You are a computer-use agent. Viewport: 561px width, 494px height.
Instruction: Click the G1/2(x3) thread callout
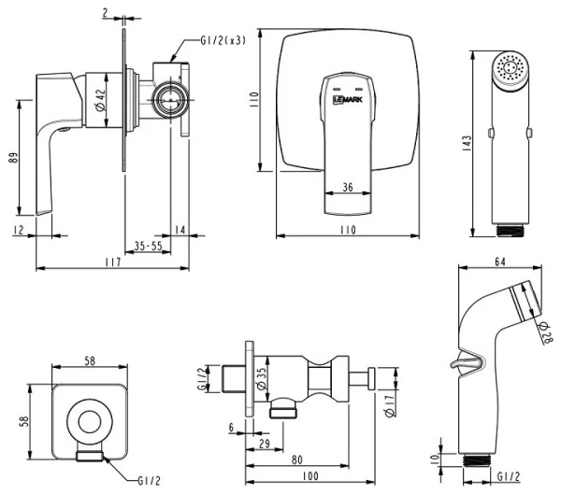point(223,41)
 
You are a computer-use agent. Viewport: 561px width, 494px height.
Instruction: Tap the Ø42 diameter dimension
point(101,100)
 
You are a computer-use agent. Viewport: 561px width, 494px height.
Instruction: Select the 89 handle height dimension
point(13,158)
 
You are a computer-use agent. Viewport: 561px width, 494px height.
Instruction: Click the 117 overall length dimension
point(113,262)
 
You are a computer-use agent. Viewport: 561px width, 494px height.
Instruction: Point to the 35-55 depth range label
point(148,246)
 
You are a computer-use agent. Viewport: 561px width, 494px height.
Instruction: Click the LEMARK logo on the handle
point(348,99)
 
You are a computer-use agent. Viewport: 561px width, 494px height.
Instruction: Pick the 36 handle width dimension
point(348,187)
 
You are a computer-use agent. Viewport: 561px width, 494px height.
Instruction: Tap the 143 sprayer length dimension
point(467,143)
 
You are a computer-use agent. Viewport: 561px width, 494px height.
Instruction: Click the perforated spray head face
point(511,68)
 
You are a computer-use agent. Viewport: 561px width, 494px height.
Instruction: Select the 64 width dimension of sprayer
point(500,261)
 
